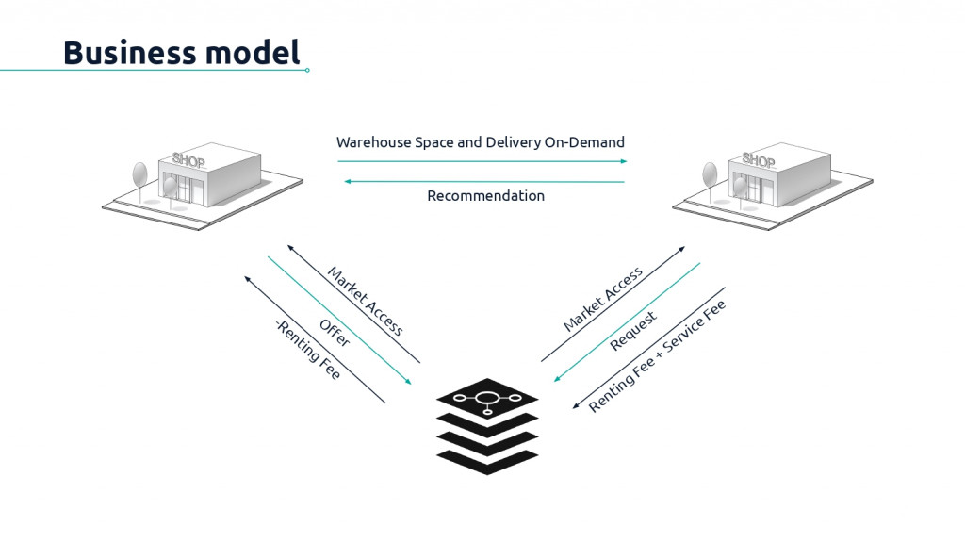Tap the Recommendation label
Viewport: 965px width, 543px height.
point(485,196)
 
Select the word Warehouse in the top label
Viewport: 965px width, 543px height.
point(375,142)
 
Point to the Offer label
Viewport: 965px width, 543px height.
point(335,333)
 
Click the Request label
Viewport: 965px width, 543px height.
point(633,331)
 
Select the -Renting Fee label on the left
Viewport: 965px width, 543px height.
point(307,350)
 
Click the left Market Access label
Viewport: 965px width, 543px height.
point(365,301)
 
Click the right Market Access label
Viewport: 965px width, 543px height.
point(603,299)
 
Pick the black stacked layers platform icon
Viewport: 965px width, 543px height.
point(486,425)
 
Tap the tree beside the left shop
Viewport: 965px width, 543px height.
point(140,175)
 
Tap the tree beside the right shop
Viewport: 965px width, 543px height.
point(710,175)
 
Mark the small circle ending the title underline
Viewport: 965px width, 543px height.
point(307,70)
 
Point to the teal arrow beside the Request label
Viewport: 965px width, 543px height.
point(627,321)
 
